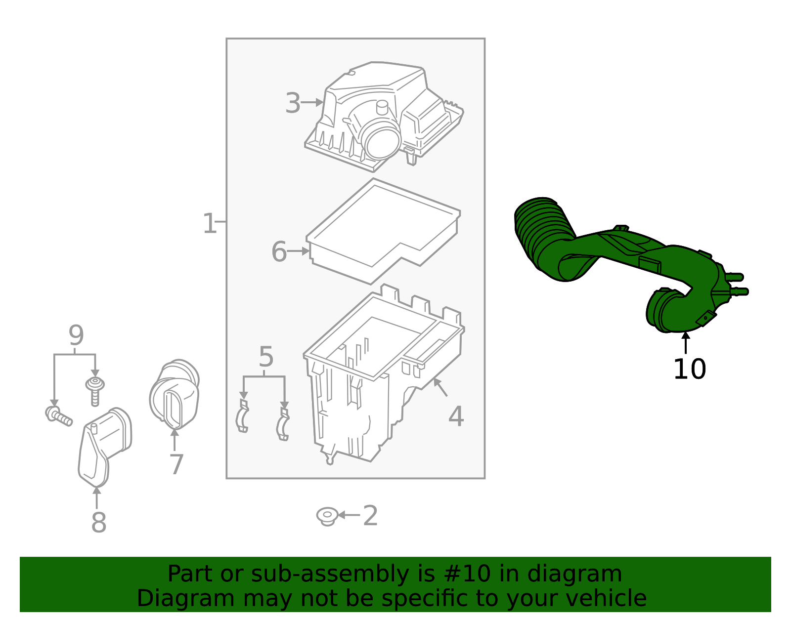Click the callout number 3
click(293, 104)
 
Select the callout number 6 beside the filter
click(279, 252)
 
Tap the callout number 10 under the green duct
click(689, 370)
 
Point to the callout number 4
click(456, 417)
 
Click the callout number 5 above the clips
click(265, 357)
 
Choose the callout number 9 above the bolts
click(76, 336)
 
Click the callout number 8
click(98, 523)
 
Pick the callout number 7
click(176, 465)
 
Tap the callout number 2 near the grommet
click(370, 516)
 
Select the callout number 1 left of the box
click(209, 224)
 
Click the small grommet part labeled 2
click(327, 516)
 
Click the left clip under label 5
click(242, 416)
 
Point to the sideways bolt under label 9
click(58, 415)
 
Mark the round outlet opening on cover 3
click(381, 139)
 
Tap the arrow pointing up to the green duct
click(686, 342)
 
